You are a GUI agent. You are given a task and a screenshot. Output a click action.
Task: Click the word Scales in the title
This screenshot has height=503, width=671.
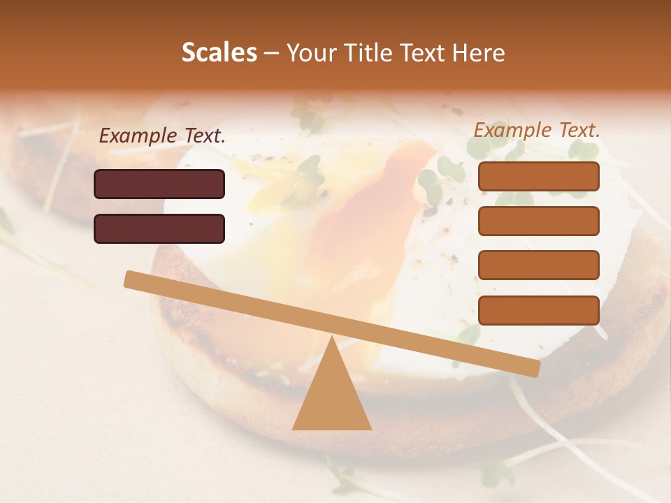[219, 53]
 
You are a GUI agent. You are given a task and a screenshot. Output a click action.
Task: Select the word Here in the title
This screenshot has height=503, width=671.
[479, 53]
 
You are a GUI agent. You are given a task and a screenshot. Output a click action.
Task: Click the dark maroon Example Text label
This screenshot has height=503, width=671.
[162, 136]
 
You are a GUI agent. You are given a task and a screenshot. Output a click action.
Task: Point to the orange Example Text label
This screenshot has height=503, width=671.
[537, 130]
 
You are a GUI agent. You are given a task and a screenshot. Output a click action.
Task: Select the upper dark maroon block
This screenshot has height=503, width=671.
[159, 184]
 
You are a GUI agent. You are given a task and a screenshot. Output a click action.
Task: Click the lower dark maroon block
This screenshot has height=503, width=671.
[159, 228]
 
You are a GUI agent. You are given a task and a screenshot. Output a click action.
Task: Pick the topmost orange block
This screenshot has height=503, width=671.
[539, 177]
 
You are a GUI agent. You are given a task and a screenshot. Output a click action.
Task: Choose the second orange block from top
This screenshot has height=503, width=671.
[539, 221]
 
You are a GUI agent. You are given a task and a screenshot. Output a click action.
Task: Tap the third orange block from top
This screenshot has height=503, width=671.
[539, 265]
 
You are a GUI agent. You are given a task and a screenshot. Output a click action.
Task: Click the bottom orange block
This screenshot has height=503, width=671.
[539, 310]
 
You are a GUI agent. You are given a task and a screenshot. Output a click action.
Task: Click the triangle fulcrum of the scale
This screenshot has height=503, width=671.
[331, 391]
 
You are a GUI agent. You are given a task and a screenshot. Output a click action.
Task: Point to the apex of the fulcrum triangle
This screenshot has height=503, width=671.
[331, 338]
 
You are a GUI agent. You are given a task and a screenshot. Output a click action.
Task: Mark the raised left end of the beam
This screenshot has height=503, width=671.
[130, 279]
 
